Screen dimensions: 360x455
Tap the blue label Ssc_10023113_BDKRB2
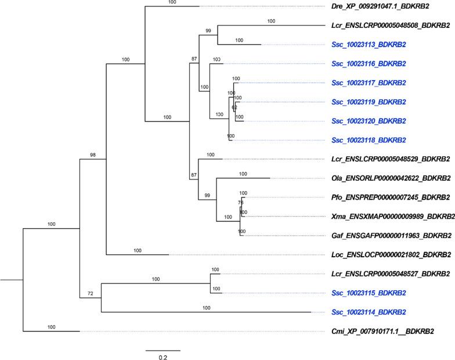tap(369, 45)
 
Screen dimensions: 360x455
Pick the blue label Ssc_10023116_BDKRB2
tap(369, 64)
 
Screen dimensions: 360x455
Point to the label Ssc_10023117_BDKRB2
tap(369, 83)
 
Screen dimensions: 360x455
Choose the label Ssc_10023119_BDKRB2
tap(369, 102)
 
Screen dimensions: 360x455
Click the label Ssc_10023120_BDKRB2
tap(369, 121)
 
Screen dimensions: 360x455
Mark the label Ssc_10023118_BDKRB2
tap(369, 140)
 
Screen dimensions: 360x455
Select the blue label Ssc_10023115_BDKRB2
tap(369, 293)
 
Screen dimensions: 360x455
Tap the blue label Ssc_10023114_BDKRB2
tap(369, 312)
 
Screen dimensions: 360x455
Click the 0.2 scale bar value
tap(162, 358)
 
